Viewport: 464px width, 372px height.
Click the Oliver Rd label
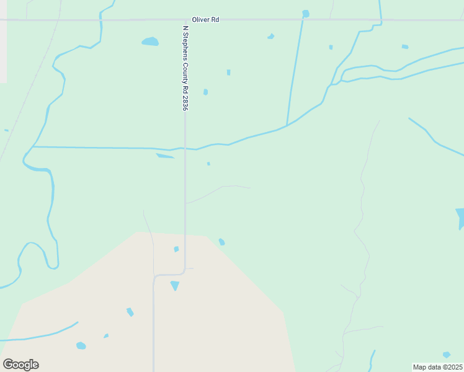[205, 20]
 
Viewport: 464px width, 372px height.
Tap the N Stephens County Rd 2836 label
[185, 68]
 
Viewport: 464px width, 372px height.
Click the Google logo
[20, 364]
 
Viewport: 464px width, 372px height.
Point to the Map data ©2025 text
[437, 367]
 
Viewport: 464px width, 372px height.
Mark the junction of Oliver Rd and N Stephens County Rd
[185, 20]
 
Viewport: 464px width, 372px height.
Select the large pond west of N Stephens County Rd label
[150, 42]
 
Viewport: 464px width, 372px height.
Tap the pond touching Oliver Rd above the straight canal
[305, 14]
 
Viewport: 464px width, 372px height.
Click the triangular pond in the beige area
[175, 285]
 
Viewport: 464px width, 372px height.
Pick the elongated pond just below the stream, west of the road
[164, 156]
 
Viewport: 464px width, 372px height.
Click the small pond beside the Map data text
[447, 355]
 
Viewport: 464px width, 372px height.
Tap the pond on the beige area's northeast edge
[221, 242]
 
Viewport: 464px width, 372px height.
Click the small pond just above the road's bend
[176, 249]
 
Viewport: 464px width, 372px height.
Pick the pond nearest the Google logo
[81, 345]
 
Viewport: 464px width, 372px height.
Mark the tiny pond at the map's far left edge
[6, 130]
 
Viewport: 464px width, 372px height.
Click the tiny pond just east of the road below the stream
[208, 164]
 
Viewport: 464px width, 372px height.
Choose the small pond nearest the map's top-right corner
[405, 46]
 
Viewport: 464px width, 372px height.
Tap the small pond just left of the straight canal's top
[270, 37]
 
